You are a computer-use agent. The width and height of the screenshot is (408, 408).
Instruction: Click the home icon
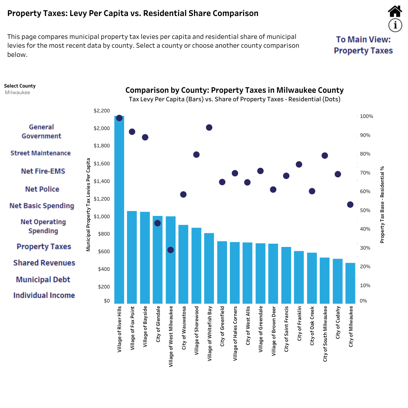[395, 11]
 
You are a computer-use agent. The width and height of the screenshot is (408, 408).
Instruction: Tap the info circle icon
[395, 25]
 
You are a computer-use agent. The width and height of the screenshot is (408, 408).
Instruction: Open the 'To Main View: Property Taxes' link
[363, 45]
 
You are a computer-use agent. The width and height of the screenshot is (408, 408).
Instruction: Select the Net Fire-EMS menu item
[43, 171]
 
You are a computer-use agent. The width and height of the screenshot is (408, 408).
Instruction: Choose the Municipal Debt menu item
[43, 280]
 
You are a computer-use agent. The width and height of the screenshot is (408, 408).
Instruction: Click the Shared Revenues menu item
[44, 263]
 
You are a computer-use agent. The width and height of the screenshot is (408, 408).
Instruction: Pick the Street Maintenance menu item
[41, 153]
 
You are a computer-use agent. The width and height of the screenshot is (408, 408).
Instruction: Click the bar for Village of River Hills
[119, 210]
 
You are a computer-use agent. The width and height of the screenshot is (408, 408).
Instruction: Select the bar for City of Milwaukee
[350, 283]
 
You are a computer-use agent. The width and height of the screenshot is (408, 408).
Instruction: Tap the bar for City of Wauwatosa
[183, 264]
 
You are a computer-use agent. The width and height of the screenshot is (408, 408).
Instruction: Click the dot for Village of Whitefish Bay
[209, 127]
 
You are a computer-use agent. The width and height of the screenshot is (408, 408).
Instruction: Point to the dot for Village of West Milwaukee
[171, 250]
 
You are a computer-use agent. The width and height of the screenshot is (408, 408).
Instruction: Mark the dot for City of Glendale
[157, 223]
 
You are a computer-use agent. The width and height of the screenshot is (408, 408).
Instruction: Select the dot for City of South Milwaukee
[325, 155]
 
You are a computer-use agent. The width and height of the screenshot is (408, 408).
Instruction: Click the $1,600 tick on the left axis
[102, 163]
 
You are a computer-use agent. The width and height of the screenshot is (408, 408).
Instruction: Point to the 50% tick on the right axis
[365, 210]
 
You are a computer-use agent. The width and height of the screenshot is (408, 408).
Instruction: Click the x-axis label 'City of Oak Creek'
[312, 326]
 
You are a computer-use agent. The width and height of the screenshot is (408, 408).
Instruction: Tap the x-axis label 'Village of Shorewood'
[196, 331]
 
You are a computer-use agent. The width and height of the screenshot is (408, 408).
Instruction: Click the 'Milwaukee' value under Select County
[17, 92]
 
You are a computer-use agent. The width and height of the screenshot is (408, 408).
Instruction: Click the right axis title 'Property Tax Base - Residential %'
[382, 204]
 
